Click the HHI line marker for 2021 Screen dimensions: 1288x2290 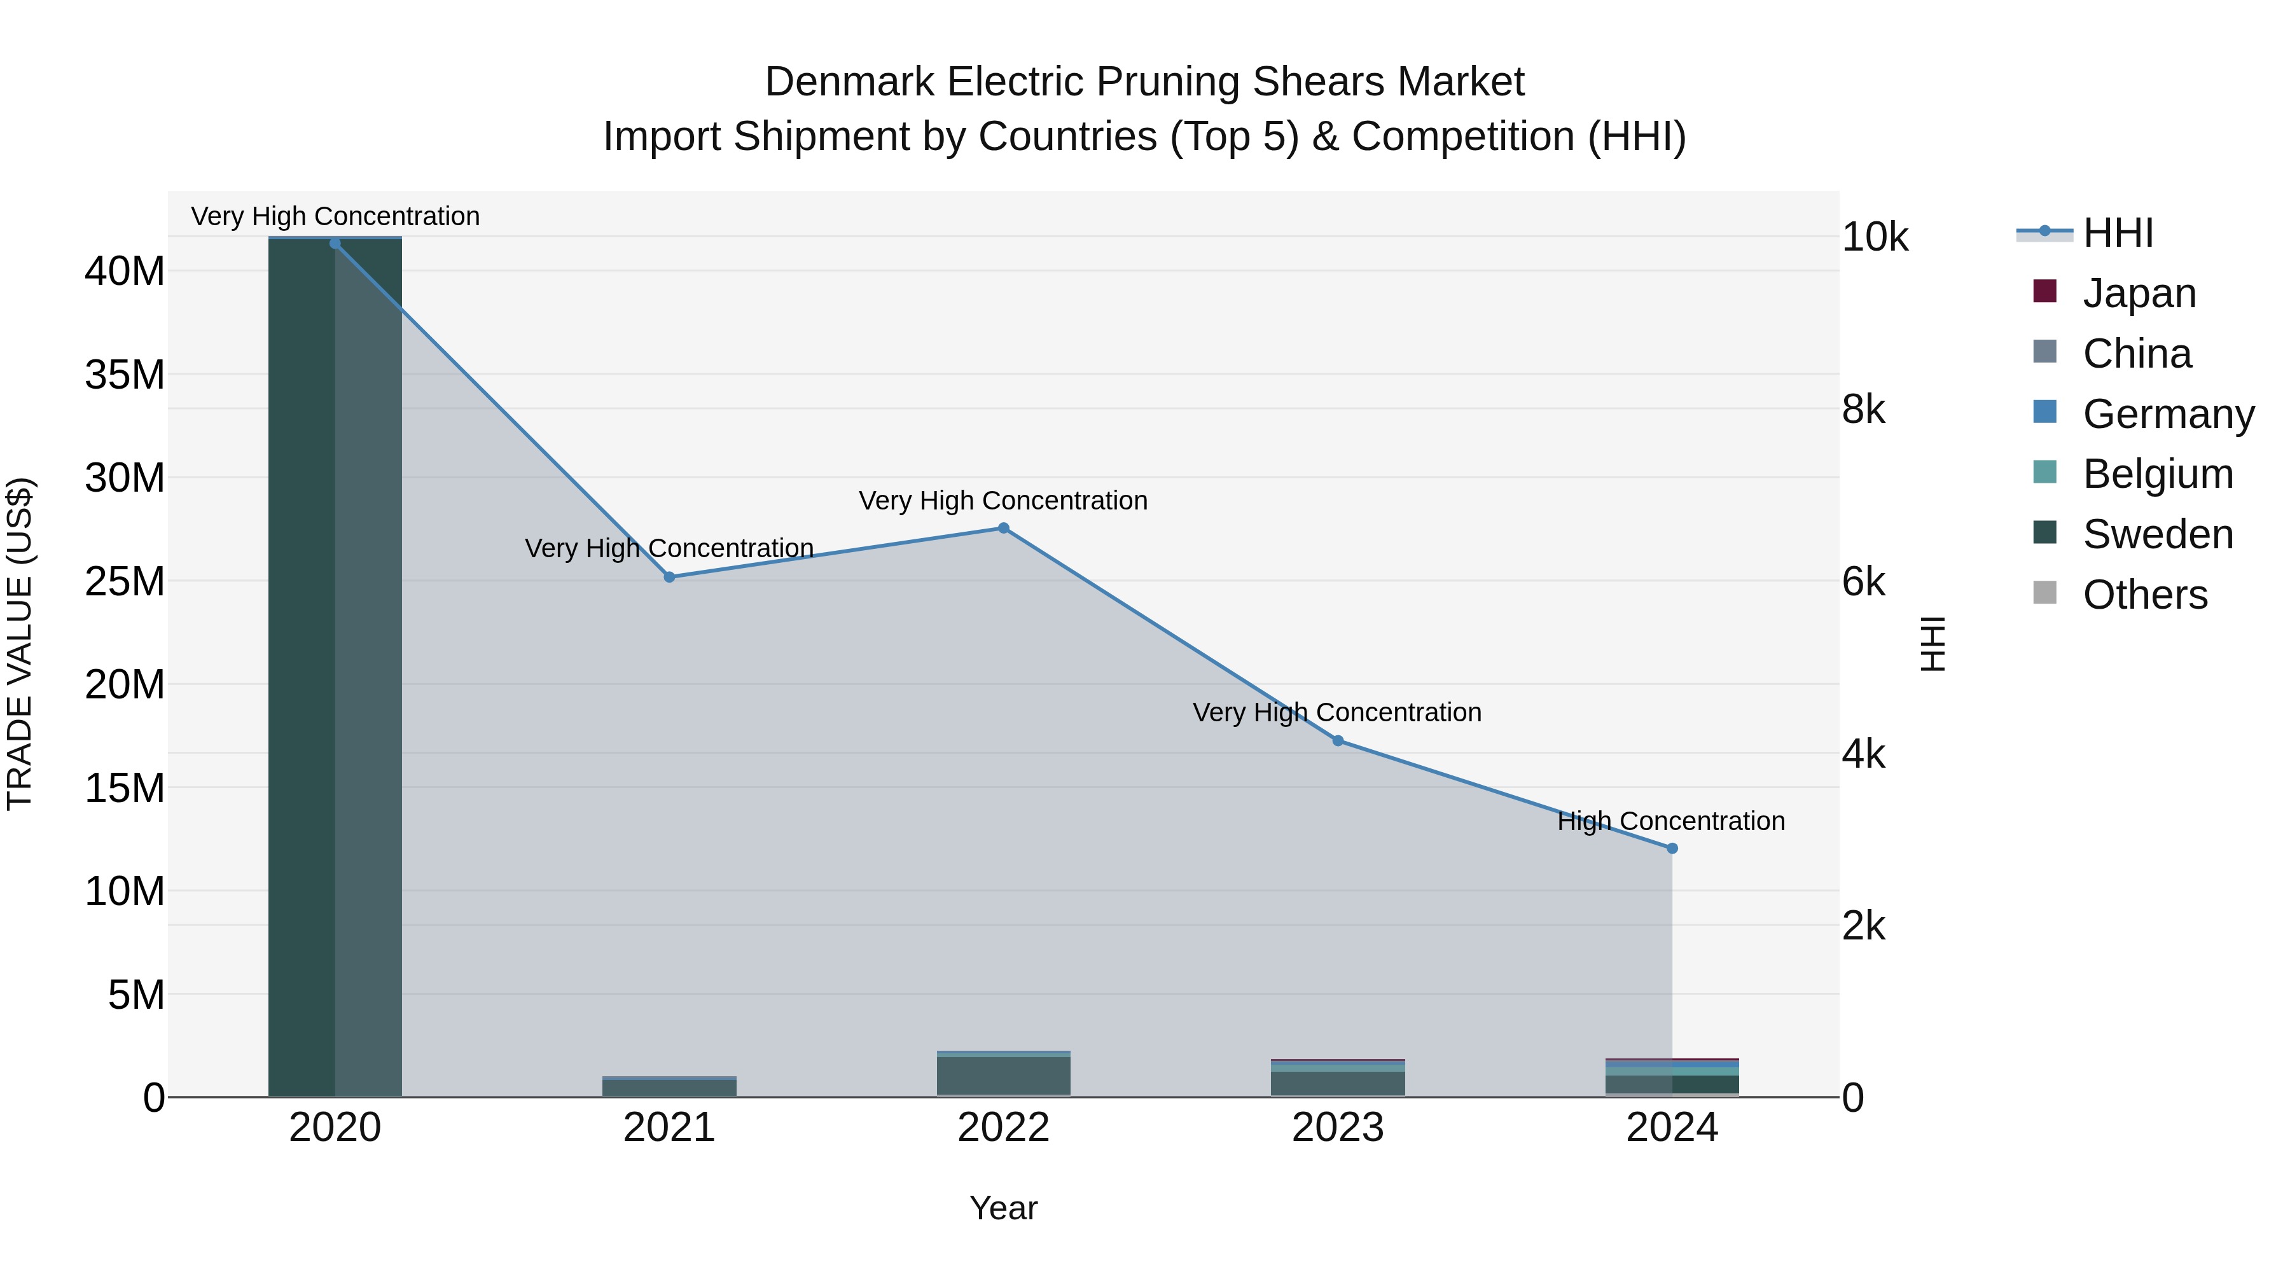(669, 577)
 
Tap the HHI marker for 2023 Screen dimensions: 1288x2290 (1337, 740)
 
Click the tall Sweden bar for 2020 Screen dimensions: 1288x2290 (302, 667)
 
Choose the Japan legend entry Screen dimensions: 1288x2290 (2138, 293)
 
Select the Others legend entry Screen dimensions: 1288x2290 (2144, 595)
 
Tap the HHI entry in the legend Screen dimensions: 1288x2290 (2116, 233)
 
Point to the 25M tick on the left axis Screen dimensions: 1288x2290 (125, 581)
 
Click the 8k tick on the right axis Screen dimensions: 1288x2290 (1863, 410)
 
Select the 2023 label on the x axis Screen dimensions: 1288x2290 (1337, 1128)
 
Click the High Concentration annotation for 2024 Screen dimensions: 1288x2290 (1670, 821)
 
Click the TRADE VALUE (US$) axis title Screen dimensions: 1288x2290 (20, 644)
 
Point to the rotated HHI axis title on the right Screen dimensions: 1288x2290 (1932, 644)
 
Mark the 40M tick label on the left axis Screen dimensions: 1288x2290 (125, 271)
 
